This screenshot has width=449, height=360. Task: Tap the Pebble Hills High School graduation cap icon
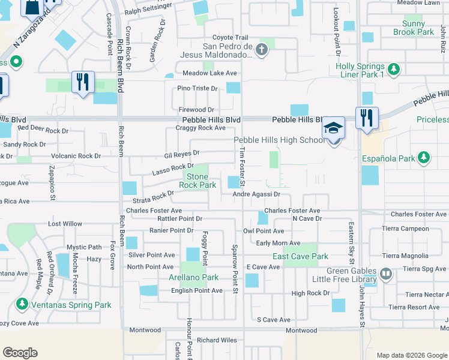click(333, 128)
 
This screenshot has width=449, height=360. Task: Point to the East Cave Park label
click(300, 256)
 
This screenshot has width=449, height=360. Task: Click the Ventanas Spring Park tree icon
click(22, 305)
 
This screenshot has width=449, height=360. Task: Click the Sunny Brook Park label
click(414, 28)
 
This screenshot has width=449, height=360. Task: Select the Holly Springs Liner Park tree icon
click(394, 70)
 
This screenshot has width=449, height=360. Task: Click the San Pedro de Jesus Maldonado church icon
click(261, 50)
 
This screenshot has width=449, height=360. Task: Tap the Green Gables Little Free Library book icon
click(386, 275)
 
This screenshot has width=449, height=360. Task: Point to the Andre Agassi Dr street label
click(257, 194)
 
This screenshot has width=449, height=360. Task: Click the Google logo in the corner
click(20, 353)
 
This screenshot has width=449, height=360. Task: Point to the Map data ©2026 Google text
click(411, 355)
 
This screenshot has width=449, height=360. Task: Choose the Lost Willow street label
click(65, 224)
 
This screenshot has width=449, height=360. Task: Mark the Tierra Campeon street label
click(406, 229)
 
